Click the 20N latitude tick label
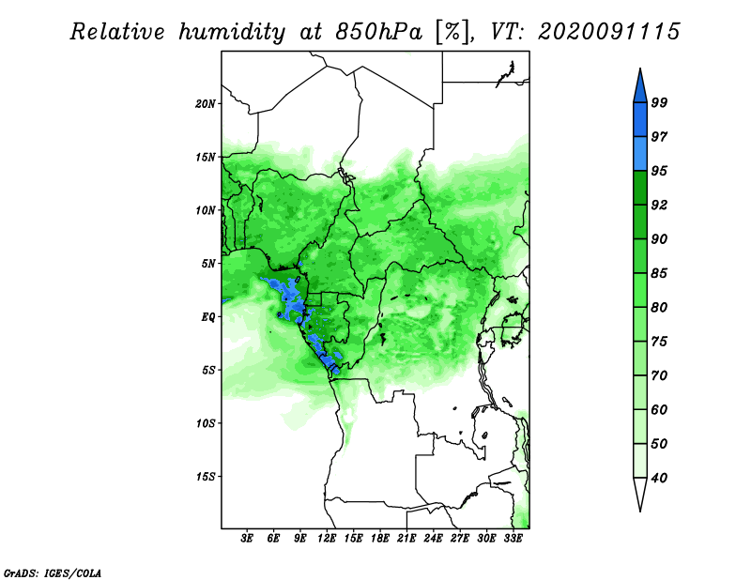(206, 103)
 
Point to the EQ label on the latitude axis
(208, 316)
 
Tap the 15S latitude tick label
(206, 477)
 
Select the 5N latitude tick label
(208, 264)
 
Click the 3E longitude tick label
(247, 539)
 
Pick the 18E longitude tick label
(380, 539)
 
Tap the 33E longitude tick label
(513, 539)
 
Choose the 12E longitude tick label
(327, 539)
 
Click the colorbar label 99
(659, 102)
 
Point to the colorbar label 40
(659, 478)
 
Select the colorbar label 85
(659, 273)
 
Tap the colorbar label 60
(659, 409)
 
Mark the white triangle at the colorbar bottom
(640, 493)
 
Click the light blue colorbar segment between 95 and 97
(640, 154)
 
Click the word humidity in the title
(232, 32)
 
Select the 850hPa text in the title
(378, 32)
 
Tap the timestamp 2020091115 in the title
(608, 32)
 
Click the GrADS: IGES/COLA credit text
(53, 572)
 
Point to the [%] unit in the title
(453, 32)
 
